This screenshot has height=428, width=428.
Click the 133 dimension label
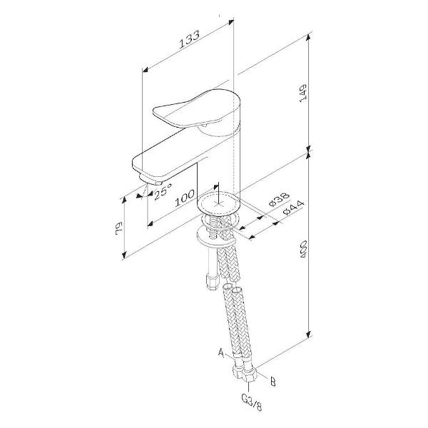coord(190,39)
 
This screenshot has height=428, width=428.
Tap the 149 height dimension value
coord(303,93)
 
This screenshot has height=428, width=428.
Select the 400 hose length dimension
coord(303,249)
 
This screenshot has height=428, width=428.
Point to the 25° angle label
coord(163,191)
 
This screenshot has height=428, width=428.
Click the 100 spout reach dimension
coord(185,198)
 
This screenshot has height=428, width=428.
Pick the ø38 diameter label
coord(279,200)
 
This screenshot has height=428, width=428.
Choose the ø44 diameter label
coord(293,208)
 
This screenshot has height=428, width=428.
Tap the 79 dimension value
coord(119,228)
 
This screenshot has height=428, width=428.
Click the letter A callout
coord(221,352)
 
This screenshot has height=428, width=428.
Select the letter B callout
coord(272,382)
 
